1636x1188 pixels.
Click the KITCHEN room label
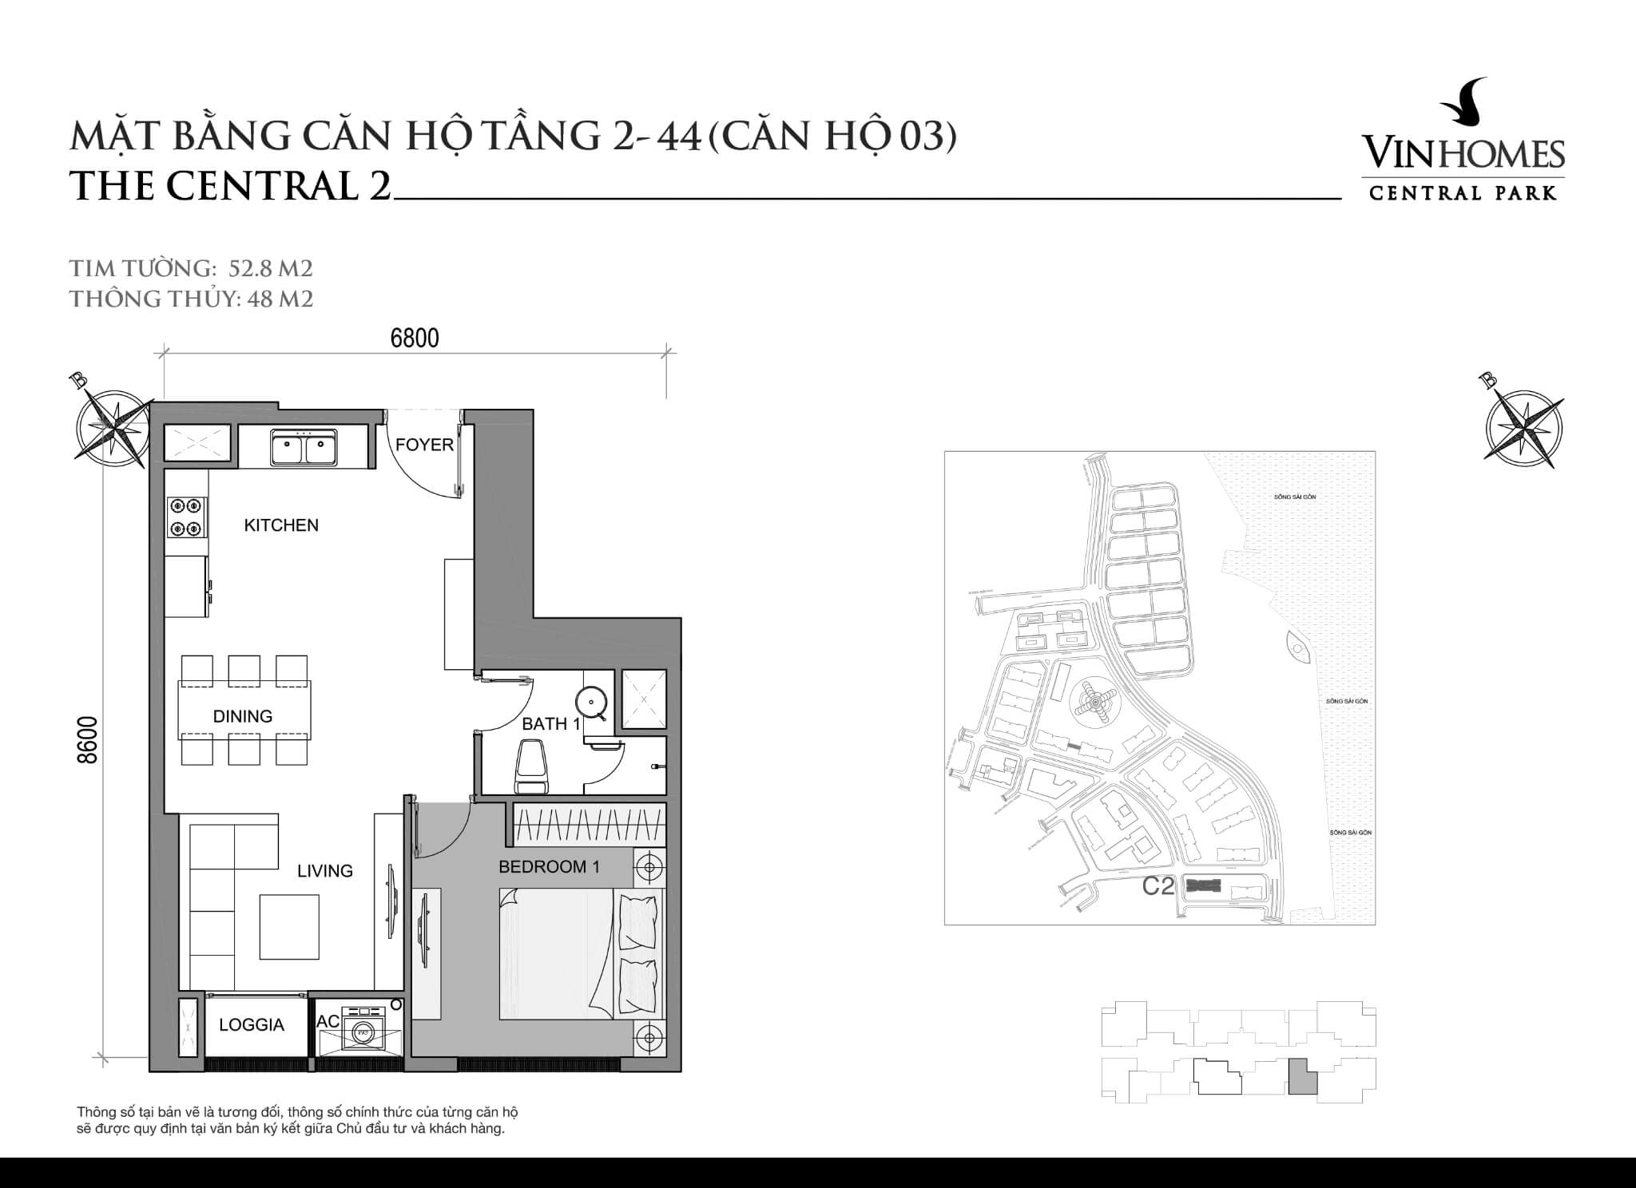280,525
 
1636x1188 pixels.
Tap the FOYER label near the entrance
424,445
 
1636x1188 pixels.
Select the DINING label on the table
243,716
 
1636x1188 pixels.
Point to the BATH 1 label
550,724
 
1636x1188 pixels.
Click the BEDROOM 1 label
549,866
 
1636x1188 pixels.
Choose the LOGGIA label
251,1025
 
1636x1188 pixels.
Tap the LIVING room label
325,871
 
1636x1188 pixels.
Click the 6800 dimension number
415,339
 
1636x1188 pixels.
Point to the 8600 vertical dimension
88,740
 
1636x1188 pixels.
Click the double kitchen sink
303,447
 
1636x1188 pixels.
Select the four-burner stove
186,517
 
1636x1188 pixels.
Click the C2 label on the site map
1158,886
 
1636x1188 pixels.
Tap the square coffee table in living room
289,926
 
